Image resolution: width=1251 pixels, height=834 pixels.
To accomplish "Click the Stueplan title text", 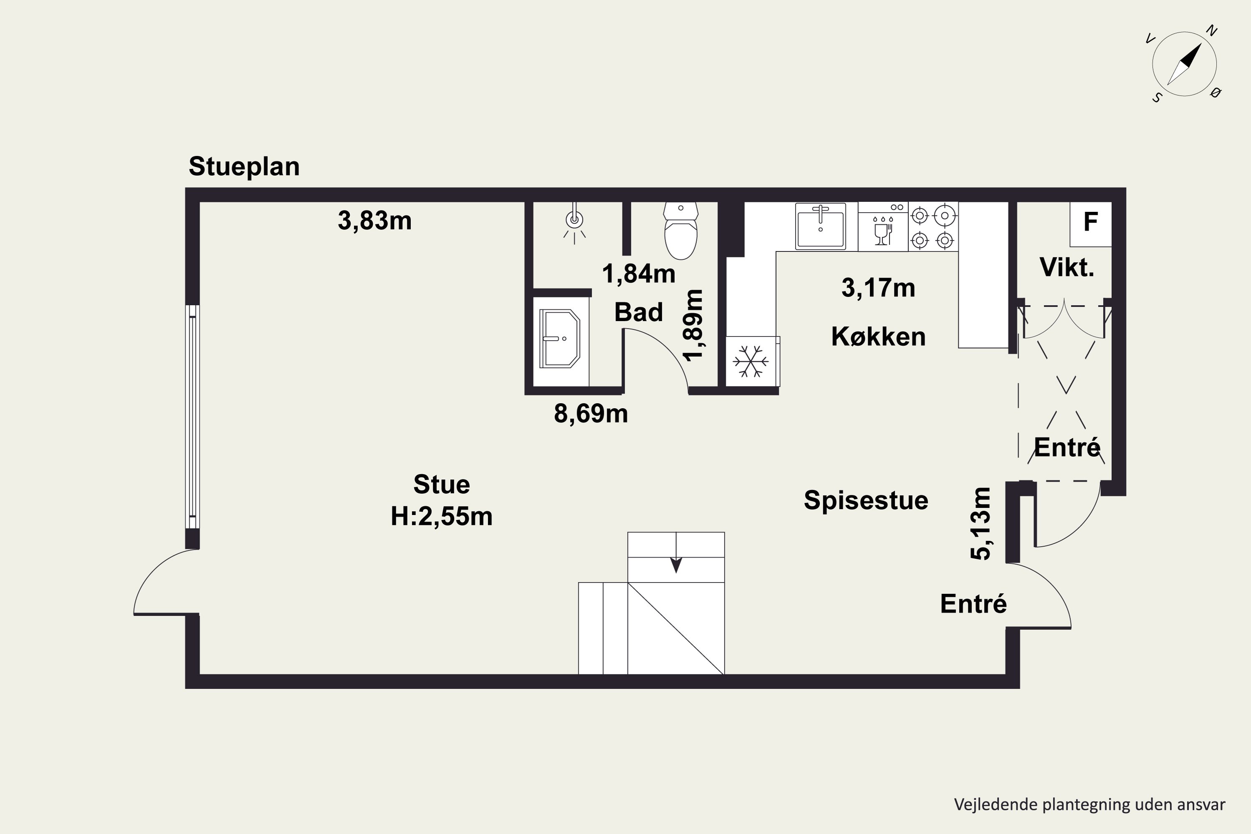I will pos(244,166).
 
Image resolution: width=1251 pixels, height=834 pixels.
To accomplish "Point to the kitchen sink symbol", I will pos(820,226).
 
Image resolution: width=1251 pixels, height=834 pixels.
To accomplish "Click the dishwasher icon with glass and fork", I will pos(882,232).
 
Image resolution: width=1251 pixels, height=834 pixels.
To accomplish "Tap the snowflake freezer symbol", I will pos(751,362).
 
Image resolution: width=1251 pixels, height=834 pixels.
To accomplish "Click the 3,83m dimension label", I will pos(374,220).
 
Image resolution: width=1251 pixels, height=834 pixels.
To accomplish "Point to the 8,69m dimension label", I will pos(590,413).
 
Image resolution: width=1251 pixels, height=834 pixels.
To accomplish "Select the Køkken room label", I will pos(878,337).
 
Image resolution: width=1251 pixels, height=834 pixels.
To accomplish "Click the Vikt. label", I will pos(1066,268).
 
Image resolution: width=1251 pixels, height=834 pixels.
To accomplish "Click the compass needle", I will pos(1185,64).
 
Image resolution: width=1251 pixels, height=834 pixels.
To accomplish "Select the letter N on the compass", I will pos(1212,31).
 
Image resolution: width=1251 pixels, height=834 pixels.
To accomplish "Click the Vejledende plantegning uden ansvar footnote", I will pos(1089,804).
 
